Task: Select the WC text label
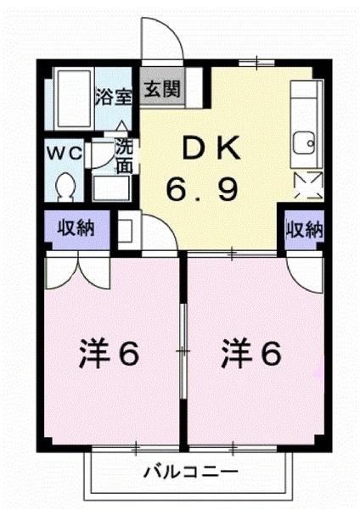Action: tap(65, 154)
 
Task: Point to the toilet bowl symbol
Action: tap(65, 183)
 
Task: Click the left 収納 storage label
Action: tap(76, 228)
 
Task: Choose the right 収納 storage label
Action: tap(303, 229)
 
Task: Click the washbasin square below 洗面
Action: tap(108, 187)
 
